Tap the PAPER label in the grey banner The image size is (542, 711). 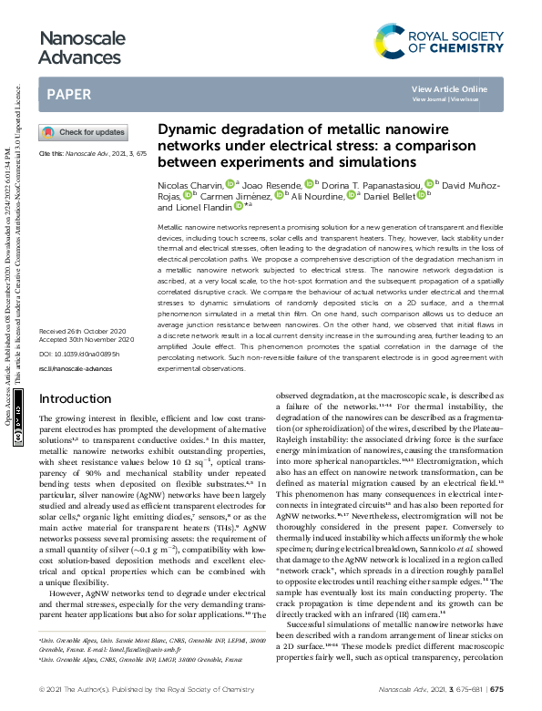coord(67,94)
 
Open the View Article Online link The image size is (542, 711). coord(449,88)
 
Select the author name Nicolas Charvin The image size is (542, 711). coord(189,185)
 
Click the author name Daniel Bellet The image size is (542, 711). coord(392,196)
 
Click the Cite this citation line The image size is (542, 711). coord(92,155)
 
